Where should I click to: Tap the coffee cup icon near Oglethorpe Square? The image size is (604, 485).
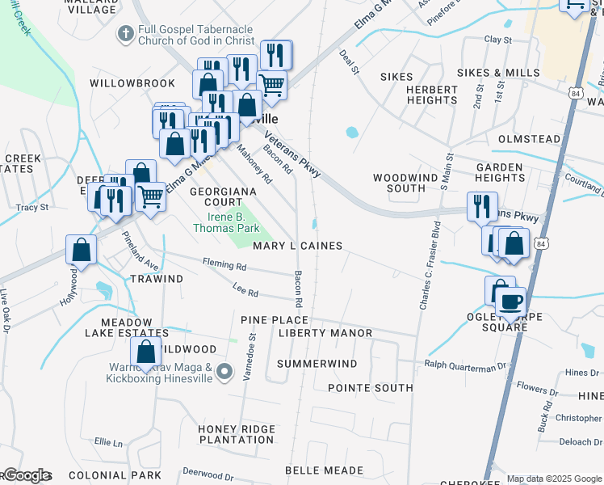[510, 302]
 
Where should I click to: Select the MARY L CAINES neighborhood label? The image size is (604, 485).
[297, 246]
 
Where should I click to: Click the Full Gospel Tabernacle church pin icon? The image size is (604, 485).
[124, 35]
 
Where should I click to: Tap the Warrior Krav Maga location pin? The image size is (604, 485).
[225, 372]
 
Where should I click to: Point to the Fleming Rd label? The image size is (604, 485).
[229, 264]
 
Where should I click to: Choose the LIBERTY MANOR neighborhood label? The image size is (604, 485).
[325, 333]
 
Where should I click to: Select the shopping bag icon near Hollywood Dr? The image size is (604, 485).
[81, 249]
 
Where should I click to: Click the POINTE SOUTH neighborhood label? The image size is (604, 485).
[371, 388]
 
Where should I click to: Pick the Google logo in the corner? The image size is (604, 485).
[26, 475]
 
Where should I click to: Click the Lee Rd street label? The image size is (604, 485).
[245, 293]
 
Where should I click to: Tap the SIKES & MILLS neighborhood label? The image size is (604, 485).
[498, 73]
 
